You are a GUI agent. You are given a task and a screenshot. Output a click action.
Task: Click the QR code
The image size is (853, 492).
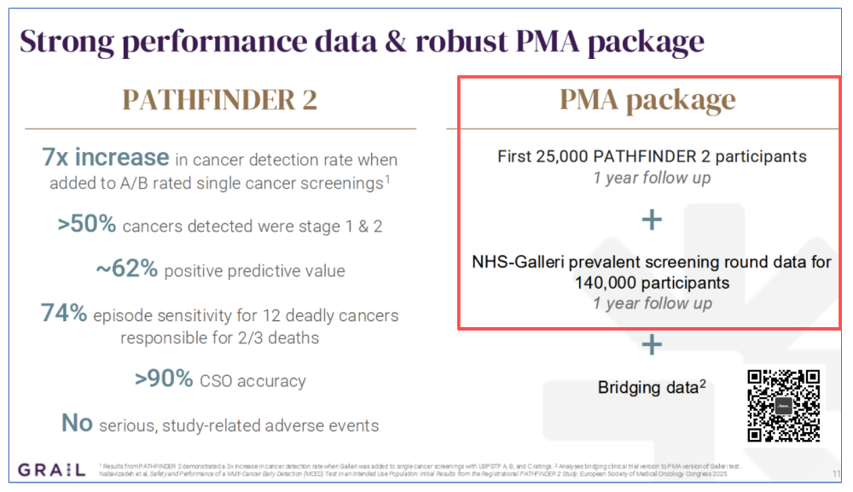[783, 406]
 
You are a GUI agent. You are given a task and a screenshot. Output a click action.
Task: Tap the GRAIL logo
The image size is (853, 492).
[50, 469]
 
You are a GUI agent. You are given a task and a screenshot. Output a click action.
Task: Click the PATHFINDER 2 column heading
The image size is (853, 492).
[221, 100]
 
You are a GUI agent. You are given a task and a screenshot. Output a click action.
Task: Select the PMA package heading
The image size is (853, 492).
[647, 100]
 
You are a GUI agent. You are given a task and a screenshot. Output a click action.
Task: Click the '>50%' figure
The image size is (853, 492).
[86, 225]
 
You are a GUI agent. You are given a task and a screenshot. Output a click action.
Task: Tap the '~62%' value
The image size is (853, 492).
[126, 269]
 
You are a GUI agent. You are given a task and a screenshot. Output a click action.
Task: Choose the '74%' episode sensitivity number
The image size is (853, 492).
[64, 313]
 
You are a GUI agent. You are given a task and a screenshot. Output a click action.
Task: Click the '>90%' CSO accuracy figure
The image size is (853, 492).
[164, 378]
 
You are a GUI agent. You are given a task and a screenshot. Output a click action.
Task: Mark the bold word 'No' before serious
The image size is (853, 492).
[76, 423]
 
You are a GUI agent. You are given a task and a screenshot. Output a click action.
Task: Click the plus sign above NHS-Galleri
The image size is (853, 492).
[652, 220]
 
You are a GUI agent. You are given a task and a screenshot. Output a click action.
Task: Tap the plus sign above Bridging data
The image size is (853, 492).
[652, 344]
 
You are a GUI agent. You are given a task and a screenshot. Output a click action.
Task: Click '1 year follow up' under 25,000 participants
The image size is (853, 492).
[652, 179]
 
